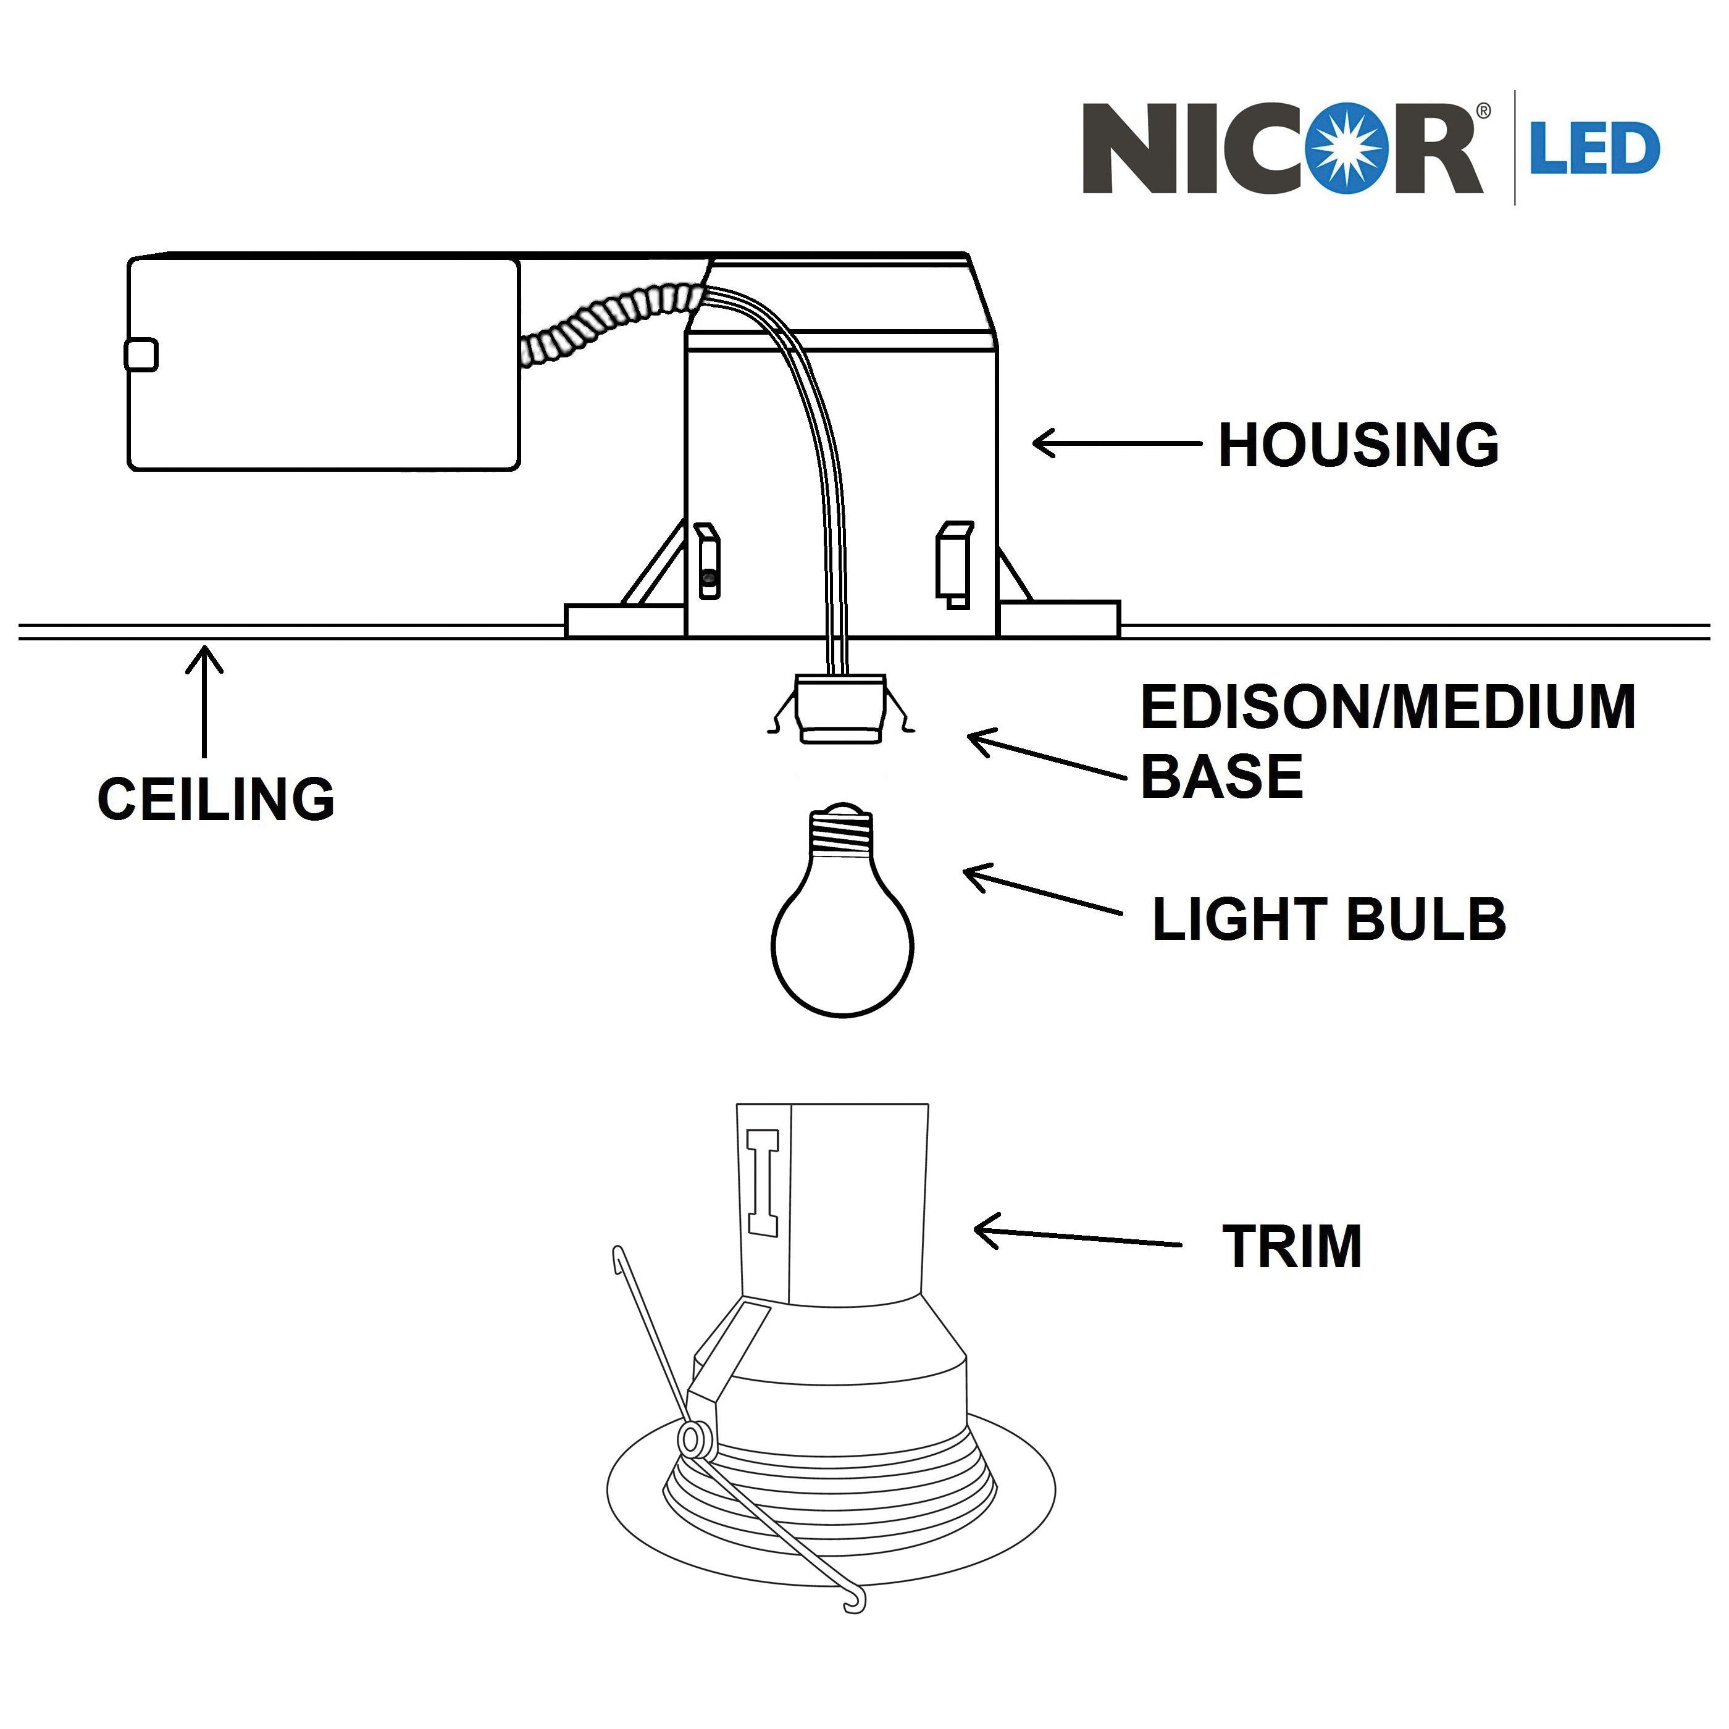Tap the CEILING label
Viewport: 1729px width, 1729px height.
pyautogui.click(x=216, y=799)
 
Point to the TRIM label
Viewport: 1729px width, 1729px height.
pyautogui.click(x=1291, y=1247)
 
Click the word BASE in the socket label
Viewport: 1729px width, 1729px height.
pyautogui.click(x=1221, y=776)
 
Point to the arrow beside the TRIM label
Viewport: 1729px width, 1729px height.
pyautogui.click(x=1076, y=1237)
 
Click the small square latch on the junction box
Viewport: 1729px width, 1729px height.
pyautogui.click(x=141, y=354)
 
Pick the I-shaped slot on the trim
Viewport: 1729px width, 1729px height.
pyautogui.click(x=763, y=1182)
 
